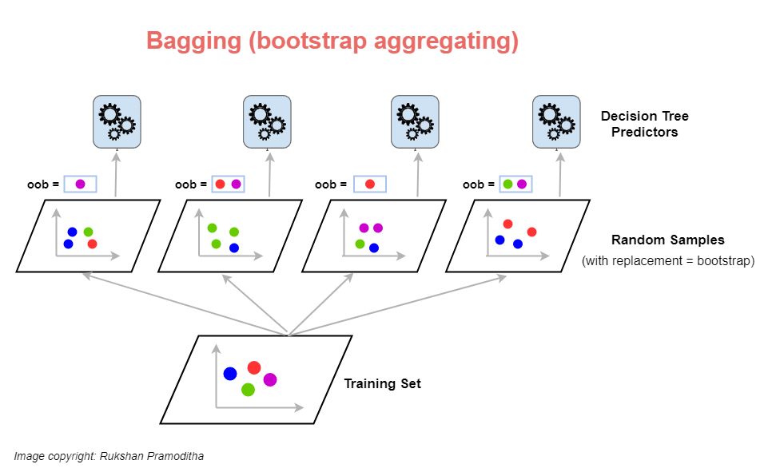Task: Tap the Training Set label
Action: click(382, 384)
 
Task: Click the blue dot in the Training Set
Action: click(230, 373)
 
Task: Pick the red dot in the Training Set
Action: click(254, 367)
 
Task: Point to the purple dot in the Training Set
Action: click(270, 379)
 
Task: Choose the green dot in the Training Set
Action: click(248, 390)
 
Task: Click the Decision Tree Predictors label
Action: click(644, 124)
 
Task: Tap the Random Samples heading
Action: click(656, 240)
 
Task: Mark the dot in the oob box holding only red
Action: click(369, 184)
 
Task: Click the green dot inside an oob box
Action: click(507, 184)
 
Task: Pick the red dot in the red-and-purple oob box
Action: click(221, 184)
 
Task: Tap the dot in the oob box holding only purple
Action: click(80, 184)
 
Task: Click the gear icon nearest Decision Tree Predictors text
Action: click(556, 121)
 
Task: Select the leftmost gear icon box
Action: click(117, 121)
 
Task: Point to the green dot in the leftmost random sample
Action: click(88, 232)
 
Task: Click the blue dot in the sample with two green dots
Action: click(234, 248)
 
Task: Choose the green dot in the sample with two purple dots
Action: click(360, 244)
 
